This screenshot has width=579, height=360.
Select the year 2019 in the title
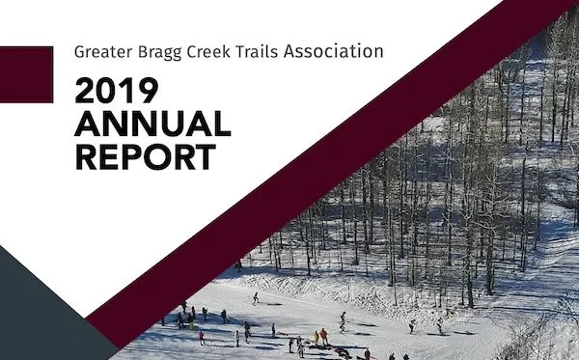pos(117,92)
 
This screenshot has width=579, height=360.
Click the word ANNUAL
pos(152,124)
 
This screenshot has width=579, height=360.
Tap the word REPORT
pos(145,155)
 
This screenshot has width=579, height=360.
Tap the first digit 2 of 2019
pos(88,92)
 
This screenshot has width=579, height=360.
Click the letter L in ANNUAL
pos(222,124)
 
